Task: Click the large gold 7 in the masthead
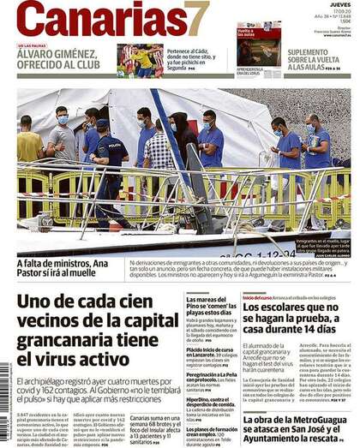(197, 19)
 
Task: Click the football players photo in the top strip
(141, 61)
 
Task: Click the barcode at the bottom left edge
(4, 403)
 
